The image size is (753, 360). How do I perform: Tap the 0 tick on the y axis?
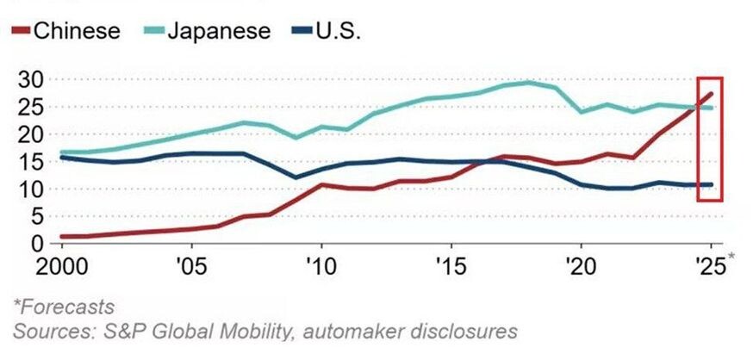coord(36,244)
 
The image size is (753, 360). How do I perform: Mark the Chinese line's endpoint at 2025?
coord(710,93)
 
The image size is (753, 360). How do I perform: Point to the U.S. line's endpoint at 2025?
coord(710,184)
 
